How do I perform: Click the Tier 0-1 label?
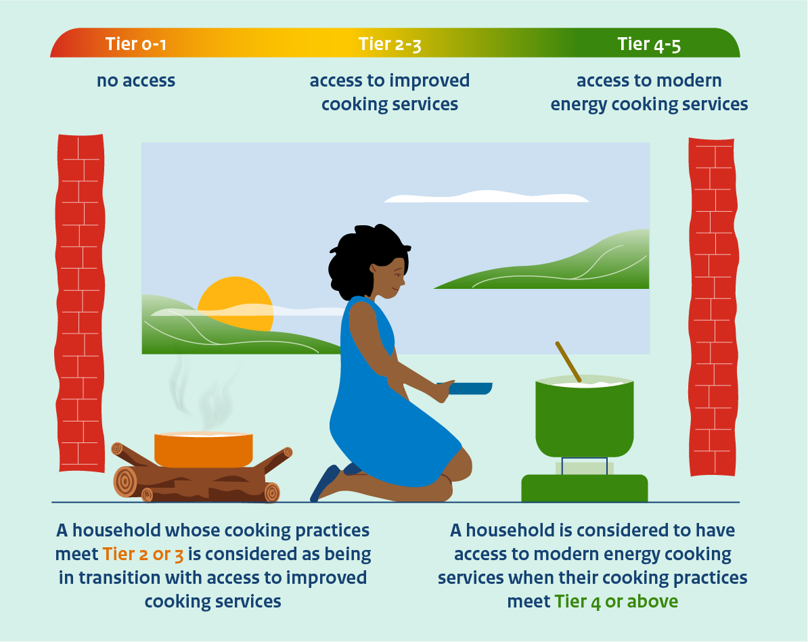[x=135, y=44]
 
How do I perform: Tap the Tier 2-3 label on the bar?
[x=390, y=45]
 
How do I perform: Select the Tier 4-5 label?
[x=649, y=45]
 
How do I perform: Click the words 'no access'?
[x=136, y=81]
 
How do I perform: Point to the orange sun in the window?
[x=235, y=302]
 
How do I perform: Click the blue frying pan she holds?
[x=466, y=388]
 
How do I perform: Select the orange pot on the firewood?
[x=204, y=449]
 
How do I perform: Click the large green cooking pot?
[x=585, y=417]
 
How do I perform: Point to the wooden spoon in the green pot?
[x=568, y=361]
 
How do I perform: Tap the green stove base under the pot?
[x=585, y=488]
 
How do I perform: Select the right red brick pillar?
[x=713, y=306]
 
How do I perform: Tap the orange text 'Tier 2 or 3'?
[x=143, y=555]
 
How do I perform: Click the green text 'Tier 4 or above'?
[x=616, y=602]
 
